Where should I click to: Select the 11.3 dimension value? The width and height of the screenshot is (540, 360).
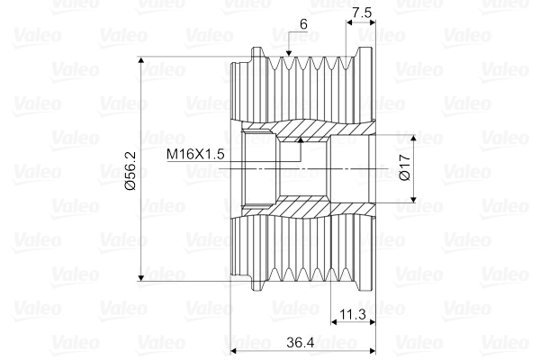coord(354,314)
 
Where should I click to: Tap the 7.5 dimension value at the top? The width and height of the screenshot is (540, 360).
coord(362,13)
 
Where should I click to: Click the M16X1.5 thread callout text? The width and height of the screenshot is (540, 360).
coord(194,155)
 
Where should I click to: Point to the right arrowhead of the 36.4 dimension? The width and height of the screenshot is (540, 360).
coord(370,351)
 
